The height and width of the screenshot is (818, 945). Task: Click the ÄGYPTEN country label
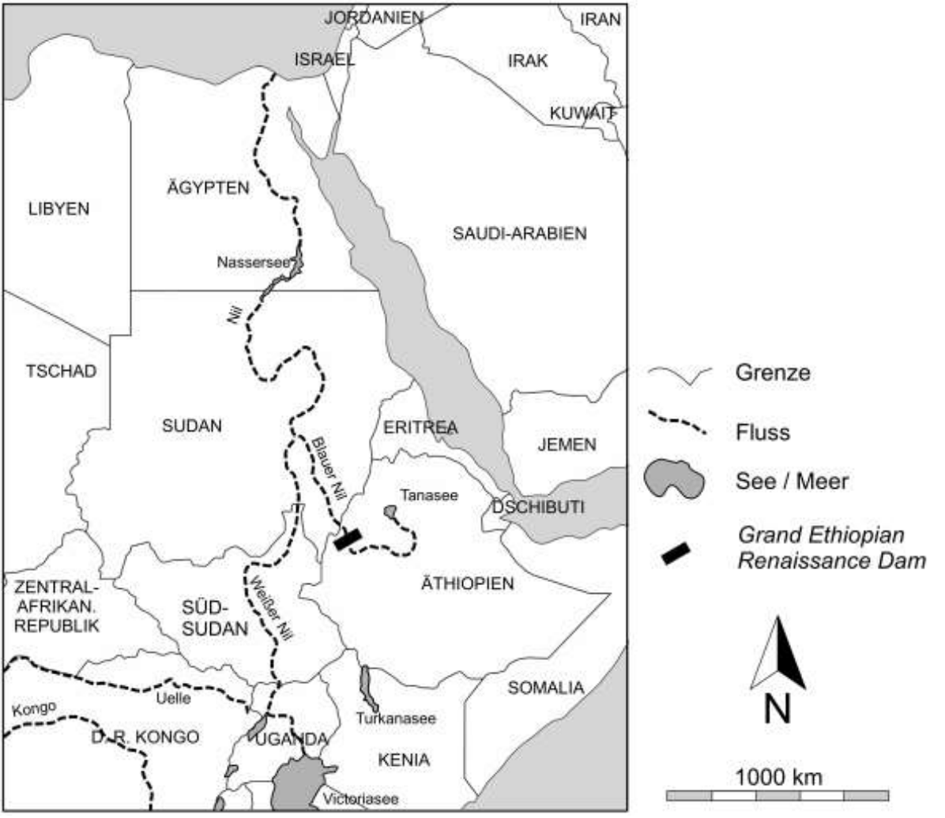208,188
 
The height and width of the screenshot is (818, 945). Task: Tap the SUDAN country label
192,426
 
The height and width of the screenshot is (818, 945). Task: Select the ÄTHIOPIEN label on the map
467,584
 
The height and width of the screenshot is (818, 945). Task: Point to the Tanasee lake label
429,495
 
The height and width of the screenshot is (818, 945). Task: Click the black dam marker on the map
347,539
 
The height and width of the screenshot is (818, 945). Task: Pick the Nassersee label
254,263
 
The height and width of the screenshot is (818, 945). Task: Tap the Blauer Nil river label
329,467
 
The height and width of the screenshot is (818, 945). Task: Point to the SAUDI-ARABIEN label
519,234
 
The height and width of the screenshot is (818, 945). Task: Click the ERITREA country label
420,428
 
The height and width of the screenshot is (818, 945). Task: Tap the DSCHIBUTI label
538,507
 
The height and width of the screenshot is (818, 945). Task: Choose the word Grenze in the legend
772,373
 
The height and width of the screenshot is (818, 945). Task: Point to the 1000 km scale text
778,776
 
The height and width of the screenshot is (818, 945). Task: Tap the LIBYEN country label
59,209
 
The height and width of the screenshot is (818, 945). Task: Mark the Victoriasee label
360,799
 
